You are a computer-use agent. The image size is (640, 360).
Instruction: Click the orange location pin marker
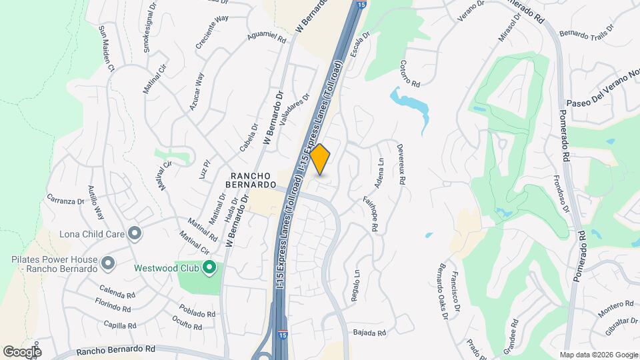[321, 159]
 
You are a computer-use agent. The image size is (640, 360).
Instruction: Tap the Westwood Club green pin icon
[209, 269]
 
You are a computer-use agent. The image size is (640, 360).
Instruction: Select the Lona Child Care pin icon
[135, 233]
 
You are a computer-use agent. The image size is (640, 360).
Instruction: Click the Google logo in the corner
[22, 351]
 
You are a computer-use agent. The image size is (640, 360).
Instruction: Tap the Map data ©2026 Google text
[598, 354]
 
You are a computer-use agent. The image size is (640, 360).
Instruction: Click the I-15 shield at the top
[360, 5]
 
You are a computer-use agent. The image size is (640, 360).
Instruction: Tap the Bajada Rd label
[370, 333]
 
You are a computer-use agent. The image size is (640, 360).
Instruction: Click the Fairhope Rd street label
[369, 213]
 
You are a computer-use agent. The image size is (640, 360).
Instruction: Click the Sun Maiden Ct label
[107, 49]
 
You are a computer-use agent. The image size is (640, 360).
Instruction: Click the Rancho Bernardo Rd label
[115, 349]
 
